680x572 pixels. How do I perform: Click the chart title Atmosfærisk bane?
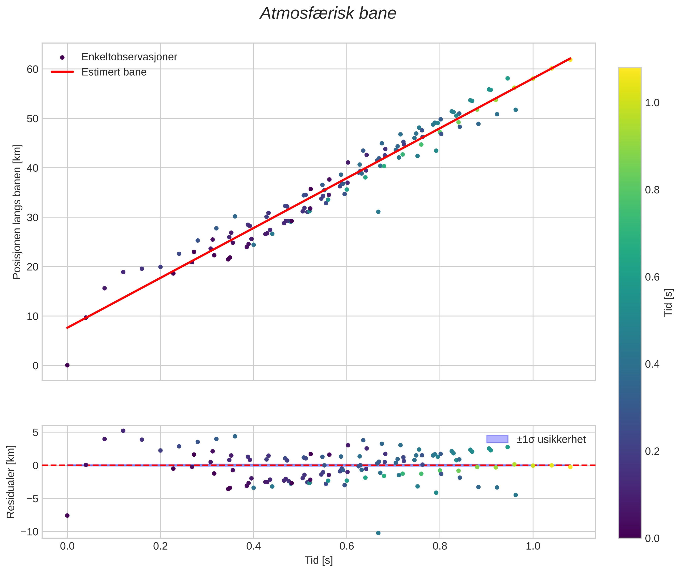[x=328, y=13]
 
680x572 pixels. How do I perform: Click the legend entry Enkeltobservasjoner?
[x=129, y=57]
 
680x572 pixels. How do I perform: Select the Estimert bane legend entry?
[x=114, y=72]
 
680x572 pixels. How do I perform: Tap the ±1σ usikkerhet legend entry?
[x=551, y=439]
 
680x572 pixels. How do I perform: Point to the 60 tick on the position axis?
[x=32, y=69]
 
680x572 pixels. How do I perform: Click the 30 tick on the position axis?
[x=32, y=217]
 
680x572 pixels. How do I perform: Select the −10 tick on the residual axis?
[x=30, y=532]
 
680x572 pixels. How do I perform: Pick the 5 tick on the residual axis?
[x=35, y=433]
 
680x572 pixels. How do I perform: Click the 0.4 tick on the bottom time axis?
[x=253, y=546]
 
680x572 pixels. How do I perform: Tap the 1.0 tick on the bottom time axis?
[x=533, y=546]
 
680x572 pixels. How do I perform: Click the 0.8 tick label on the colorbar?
[x=652, y=190]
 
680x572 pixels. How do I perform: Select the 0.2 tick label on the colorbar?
[x=652, y=451]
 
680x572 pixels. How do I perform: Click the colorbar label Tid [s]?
[x=668, y=303]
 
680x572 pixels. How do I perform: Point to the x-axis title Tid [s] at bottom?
[x=319, y=560]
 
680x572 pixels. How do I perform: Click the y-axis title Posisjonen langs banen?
[x=17, y=211]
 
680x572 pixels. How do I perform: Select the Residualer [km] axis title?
[x=11, y=482]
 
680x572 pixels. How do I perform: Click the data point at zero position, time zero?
[x=67, y=365]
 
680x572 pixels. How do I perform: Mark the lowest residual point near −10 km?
[x=378, y=533]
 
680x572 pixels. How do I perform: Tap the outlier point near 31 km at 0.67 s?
[x=378, y=212]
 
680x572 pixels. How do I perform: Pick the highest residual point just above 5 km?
[x=123, y=431]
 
